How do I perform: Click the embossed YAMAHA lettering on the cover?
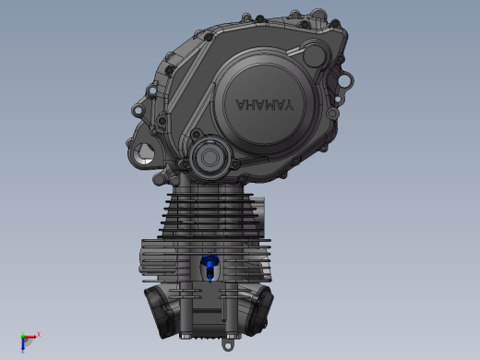coord(265,105)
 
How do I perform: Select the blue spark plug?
coord(210,265)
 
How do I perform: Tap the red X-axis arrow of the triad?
coord(30,337)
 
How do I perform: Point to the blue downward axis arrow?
coord(23,345)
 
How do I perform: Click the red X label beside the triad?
coord(39,334)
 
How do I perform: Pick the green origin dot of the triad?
coord(23,337)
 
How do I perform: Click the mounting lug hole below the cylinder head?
coord(227,346)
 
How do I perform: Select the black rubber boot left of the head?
coord(162,311)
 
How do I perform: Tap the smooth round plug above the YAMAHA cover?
coord(314,55)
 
